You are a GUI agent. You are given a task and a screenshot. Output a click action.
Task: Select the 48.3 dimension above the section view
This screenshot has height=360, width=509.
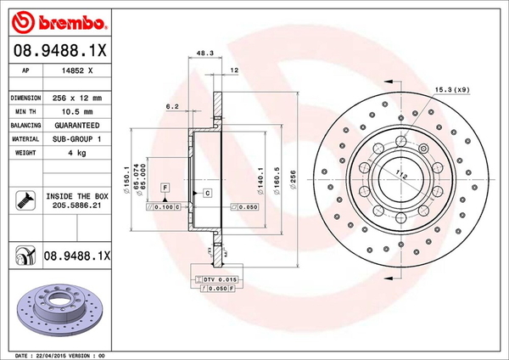203,53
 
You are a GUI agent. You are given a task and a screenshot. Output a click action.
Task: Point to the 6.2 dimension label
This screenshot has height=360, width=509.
171,106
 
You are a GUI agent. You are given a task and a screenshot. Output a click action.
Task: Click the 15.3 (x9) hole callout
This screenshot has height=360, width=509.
452,89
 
